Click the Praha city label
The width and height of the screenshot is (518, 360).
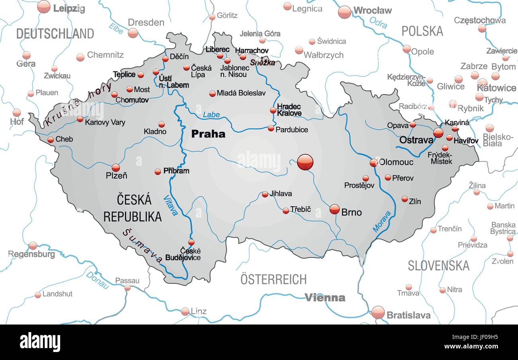click(208, 134)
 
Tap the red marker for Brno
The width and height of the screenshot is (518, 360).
click(335, 209)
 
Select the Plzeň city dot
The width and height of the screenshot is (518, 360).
click(116, 167)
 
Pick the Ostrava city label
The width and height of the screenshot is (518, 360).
click(416, 140)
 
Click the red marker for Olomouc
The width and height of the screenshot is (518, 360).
click(373, 162)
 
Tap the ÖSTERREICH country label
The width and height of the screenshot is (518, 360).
click(273, 279)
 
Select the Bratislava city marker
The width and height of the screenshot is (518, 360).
click(378, 312)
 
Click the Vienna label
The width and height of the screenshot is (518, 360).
click(325, 297)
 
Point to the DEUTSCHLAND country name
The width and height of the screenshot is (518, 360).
click(55, 33)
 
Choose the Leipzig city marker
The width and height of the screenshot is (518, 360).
click(44, 7)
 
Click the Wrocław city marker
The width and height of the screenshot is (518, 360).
click(345, 12)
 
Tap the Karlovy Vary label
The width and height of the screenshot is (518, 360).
click(105, 122)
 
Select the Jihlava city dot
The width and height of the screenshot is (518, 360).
click(265, 194)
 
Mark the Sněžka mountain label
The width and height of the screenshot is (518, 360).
click(263, 62)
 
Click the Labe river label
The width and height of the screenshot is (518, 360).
click(211, 115)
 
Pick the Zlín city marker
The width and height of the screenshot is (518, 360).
click(404, 199)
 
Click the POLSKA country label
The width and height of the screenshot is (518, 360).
click(422, 31)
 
